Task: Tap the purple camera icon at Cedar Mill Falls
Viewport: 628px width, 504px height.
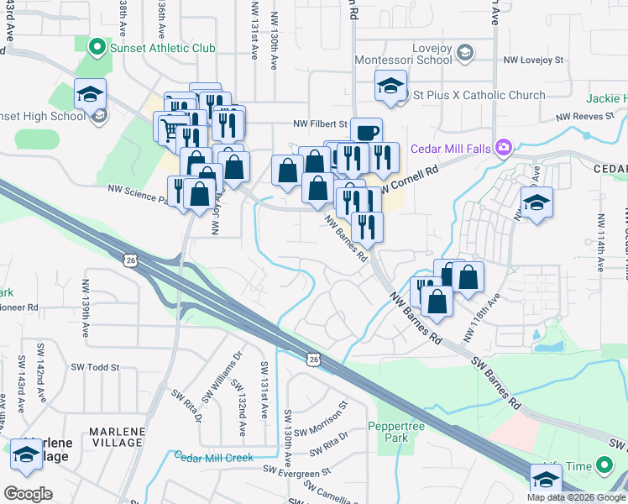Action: (x=504, y=149)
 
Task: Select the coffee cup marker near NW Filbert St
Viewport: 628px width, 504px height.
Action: (x=365, y=131)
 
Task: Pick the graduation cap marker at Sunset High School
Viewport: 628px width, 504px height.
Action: (x=90, y=95)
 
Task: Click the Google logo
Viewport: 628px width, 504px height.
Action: (x=28, y=494)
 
